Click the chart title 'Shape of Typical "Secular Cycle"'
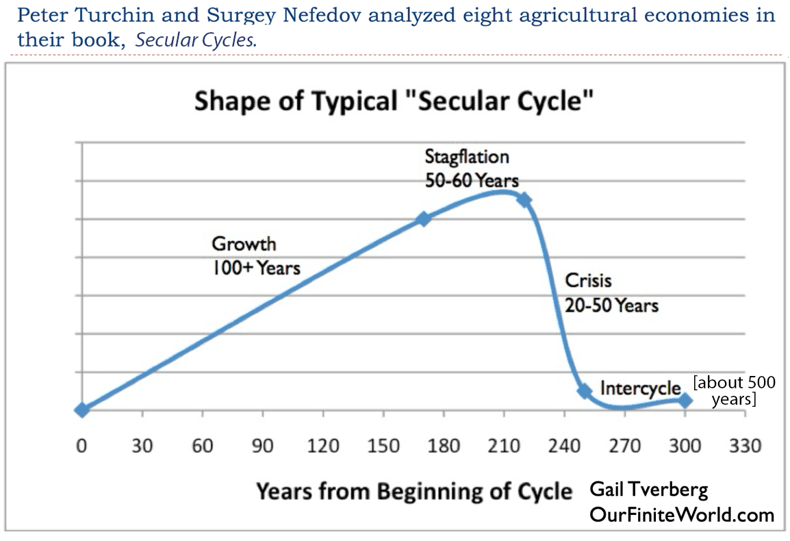tap(394, 101)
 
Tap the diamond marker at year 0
tap(82, 410)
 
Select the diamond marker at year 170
tap(424, 219)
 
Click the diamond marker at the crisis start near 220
tap(524, 200)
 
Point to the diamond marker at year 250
tap(585, 391)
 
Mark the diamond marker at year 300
tap(685, 400)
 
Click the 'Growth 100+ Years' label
tap(255, 255)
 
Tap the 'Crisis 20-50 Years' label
tap(611, 292)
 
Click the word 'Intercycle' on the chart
tap(640, 388)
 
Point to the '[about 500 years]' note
tap(734, 390)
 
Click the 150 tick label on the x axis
tap(383, 446)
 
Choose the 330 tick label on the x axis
tap(746, 446)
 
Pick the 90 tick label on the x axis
tap(263, 446)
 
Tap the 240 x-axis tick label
tap(565, 446)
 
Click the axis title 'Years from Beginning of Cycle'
tap(413, 491)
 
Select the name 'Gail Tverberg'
tap(648, 490)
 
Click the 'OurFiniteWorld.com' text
tap(681, 514)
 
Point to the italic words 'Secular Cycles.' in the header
tap(196, 40)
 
